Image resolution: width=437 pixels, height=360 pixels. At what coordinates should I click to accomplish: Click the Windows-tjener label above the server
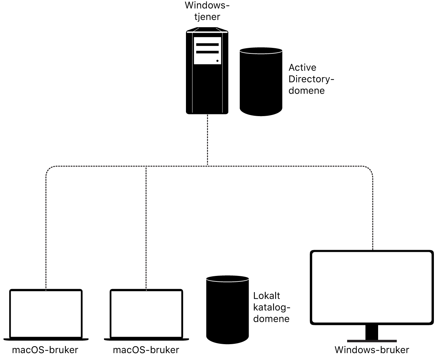207,11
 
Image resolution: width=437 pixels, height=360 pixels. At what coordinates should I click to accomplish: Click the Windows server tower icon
207,86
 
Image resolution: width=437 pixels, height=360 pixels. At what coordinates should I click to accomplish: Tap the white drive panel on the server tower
207,51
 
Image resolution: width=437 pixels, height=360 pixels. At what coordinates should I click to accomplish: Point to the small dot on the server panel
217,61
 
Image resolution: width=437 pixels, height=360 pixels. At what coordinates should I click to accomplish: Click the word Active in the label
302,68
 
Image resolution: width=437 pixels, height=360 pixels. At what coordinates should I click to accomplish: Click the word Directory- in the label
311,79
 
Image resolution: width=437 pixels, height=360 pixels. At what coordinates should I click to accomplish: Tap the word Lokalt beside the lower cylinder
267,296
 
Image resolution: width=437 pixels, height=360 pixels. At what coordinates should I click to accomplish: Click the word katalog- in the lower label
272,307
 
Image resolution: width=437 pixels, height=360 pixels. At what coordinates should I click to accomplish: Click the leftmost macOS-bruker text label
45,350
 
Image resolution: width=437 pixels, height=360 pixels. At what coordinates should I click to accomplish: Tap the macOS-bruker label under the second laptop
146,350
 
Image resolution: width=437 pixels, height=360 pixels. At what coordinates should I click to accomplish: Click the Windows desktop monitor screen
372,287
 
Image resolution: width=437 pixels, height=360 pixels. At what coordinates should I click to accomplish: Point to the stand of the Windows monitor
372,333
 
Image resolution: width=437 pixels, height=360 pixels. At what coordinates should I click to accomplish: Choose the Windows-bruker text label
372,350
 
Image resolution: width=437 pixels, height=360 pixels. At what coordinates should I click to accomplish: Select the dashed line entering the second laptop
146,227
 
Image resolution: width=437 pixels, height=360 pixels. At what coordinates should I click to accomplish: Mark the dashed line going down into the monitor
373,214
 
